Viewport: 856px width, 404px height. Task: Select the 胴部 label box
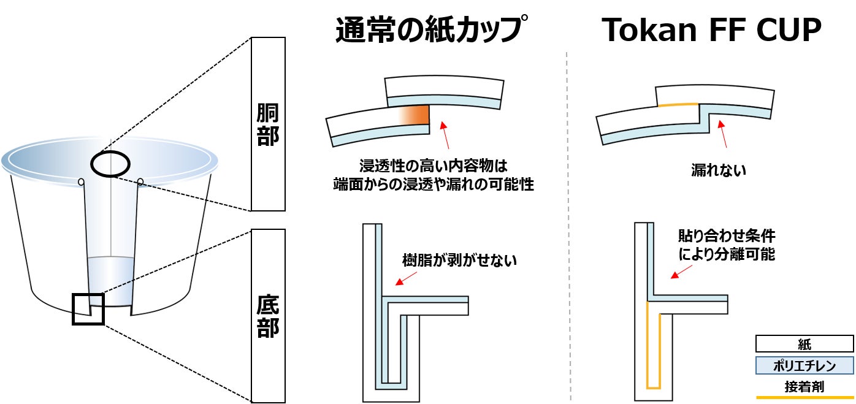point(268,124)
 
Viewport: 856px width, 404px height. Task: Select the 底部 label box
point(268,316)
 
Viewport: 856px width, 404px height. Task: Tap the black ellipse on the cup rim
point(110,164)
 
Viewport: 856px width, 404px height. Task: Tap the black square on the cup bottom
point(88,309)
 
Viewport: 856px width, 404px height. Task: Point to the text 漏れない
point(718,171)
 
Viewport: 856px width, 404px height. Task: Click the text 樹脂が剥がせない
point(459,260)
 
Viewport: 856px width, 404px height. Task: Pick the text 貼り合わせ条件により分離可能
point(727,245)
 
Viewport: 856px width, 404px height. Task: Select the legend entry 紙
point(804,344)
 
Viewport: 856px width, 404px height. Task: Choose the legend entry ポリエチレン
point(804,366)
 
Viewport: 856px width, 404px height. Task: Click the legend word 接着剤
point(804,387)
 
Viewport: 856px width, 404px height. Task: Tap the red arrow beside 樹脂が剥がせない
point(402,280)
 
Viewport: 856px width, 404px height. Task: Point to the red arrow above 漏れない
point(725,135)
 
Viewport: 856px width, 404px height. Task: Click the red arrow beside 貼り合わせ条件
point(678,275)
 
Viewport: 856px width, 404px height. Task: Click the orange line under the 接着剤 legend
point(804,397)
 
